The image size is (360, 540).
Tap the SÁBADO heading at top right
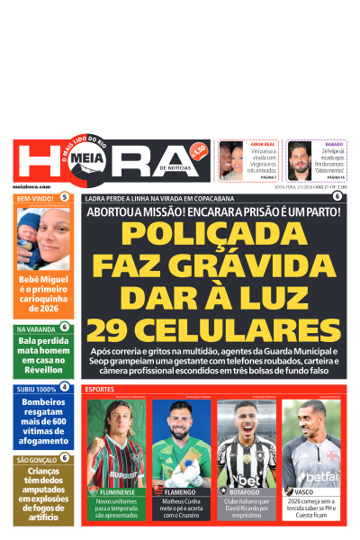(x=333, y=144)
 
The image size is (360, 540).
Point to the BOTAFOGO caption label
(x=246, y=492)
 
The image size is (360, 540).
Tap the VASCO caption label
(x=304, y=492)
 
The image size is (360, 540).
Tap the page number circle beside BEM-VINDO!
(x=65, y=197)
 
